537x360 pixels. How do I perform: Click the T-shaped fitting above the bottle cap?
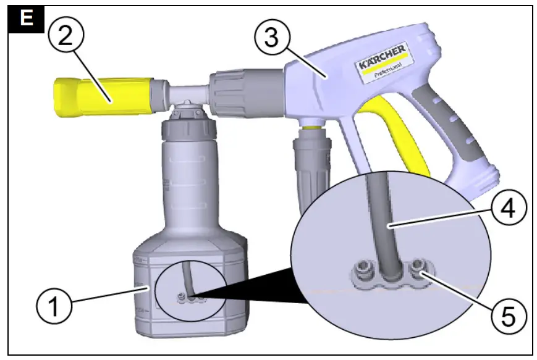[186, 96]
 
